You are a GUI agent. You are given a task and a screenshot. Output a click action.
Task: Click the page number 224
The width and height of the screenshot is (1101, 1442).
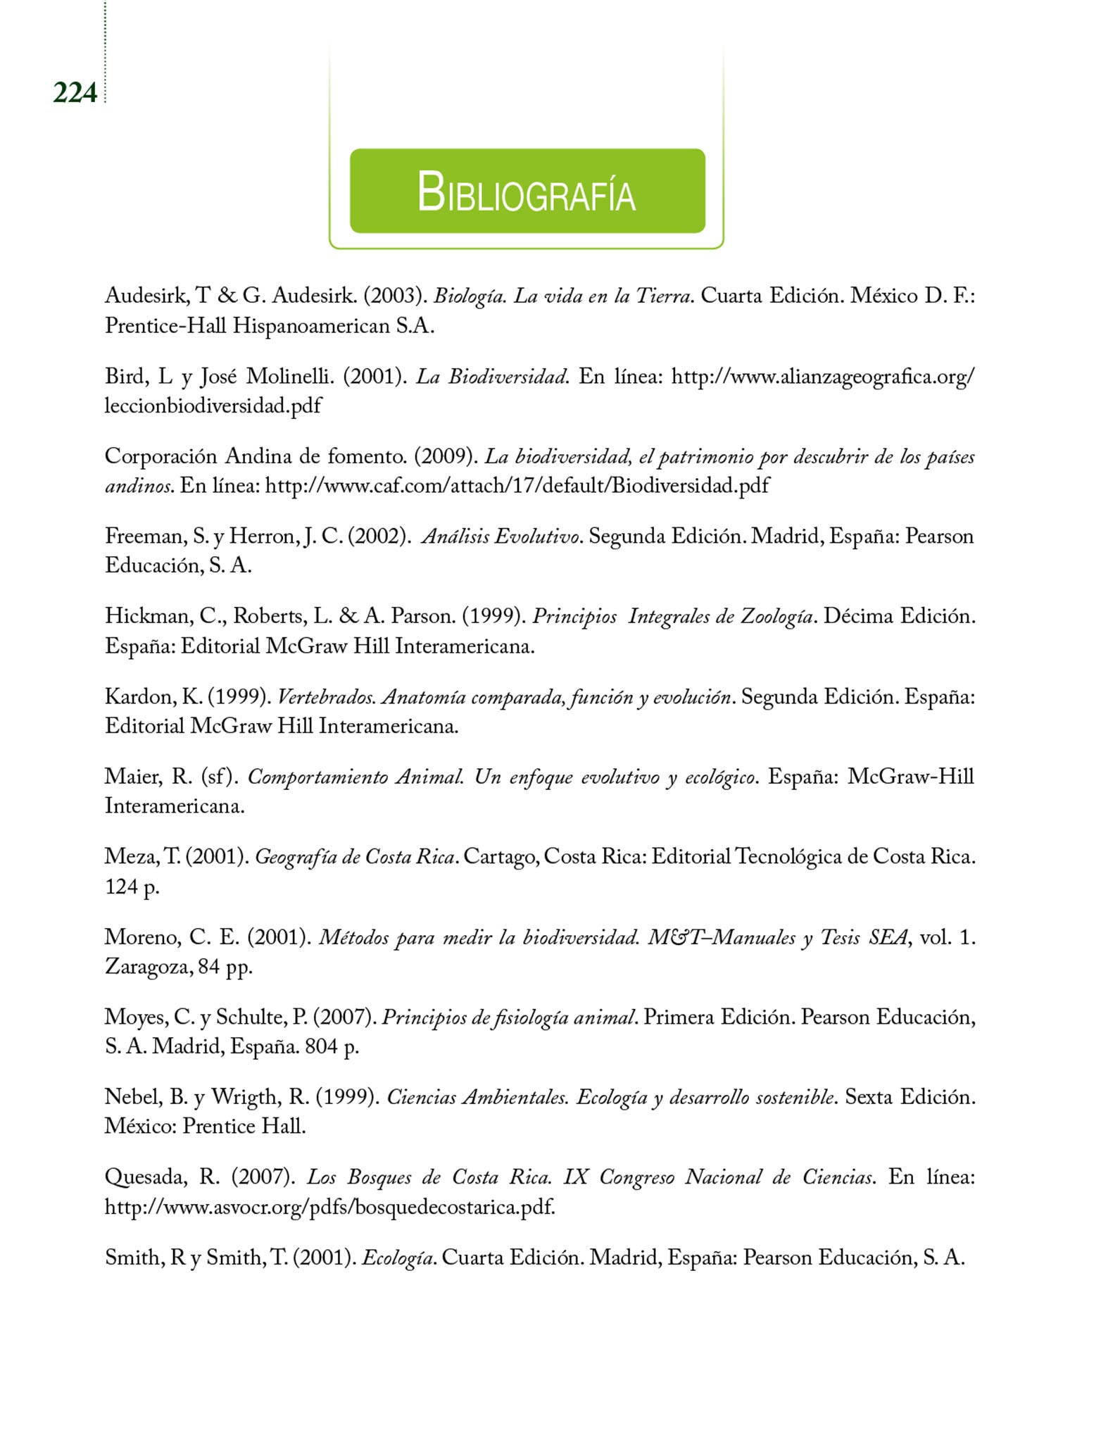coord(75,93)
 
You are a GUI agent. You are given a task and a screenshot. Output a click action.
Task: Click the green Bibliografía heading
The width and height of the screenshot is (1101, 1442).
coord(527,192)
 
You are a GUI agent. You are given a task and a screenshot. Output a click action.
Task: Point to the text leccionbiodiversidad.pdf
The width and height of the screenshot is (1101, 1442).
coord(213,406)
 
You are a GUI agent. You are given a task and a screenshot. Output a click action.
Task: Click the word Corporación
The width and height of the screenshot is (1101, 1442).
coord(161,456)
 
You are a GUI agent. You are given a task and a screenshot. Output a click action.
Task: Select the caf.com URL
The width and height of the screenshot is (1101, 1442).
coord(517,486)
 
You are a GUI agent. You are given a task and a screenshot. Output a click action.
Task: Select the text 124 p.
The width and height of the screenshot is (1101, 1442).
coord(132,886)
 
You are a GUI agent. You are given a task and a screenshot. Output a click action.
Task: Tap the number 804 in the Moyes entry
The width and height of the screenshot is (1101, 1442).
coord(320,1047)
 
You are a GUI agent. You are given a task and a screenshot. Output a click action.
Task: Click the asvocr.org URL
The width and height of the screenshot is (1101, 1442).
coord(329,1208)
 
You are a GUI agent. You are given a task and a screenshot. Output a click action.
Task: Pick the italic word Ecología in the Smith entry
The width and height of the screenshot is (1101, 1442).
coord(396,1258)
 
